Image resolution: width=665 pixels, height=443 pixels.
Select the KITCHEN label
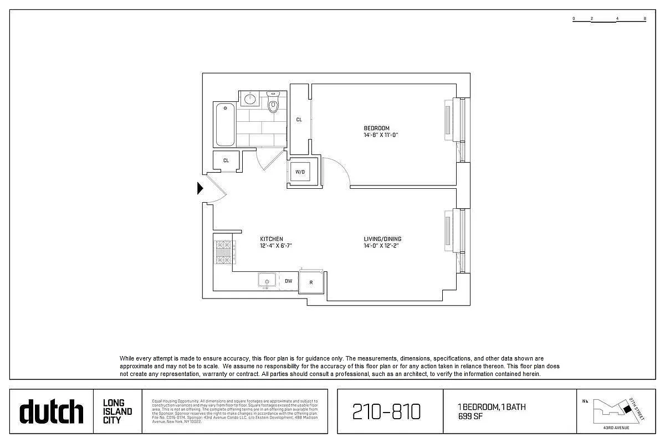272,239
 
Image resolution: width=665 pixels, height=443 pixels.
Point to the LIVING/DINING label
382,239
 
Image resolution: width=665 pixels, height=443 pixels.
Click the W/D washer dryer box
300,172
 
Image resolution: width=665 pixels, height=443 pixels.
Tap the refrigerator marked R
311,282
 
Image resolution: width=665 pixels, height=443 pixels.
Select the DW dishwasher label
288,281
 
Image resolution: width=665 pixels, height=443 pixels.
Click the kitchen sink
267,281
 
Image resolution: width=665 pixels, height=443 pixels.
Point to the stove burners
223,251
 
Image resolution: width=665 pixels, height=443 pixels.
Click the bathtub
225,125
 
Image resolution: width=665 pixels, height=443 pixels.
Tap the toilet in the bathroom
273,103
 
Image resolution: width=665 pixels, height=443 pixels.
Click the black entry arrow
201,189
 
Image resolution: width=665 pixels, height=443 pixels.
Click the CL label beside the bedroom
299,120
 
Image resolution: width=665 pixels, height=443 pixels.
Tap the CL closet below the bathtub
226,161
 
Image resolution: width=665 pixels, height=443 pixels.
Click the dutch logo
52,411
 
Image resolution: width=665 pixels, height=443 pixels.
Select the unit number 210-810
387,412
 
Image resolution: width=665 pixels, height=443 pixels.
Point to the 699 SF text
469,416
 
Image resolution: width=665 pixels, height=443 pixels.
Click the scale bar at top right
609,19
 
